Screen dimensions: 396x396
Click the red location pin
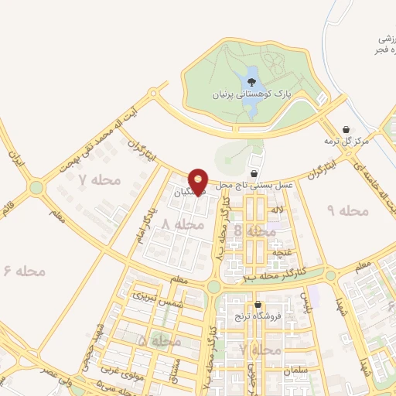199,181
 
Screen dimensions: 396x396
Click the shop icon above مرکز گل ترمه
346,128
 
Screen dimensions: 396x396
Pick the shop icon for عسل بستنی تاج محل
255,172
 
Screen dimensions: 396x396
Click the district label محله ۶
26,271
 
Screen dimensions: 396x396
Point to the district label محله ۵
159,340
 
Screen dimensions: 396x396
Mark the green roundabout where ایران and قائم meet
36,187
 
